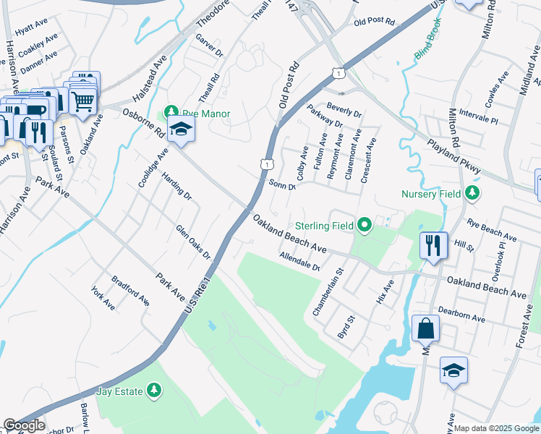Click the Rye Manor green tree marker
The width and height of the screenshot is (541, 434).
point(171,112)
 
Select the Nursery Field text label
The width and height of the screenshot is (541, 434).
point(430,193)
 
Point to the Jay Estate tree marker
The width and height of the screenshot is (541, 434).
point(153,391)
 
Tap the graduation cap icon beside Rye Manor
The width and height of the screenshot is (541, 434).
point(181,130)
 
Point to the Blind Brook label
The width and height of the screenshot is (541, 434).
point(427,46)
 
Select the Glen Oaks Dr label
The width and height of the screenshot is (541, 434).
point(192,242)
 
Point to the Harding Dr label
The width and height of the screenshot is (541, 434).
point(176,186)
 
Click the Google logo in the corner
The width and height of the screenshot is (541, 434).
point(24,425)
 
